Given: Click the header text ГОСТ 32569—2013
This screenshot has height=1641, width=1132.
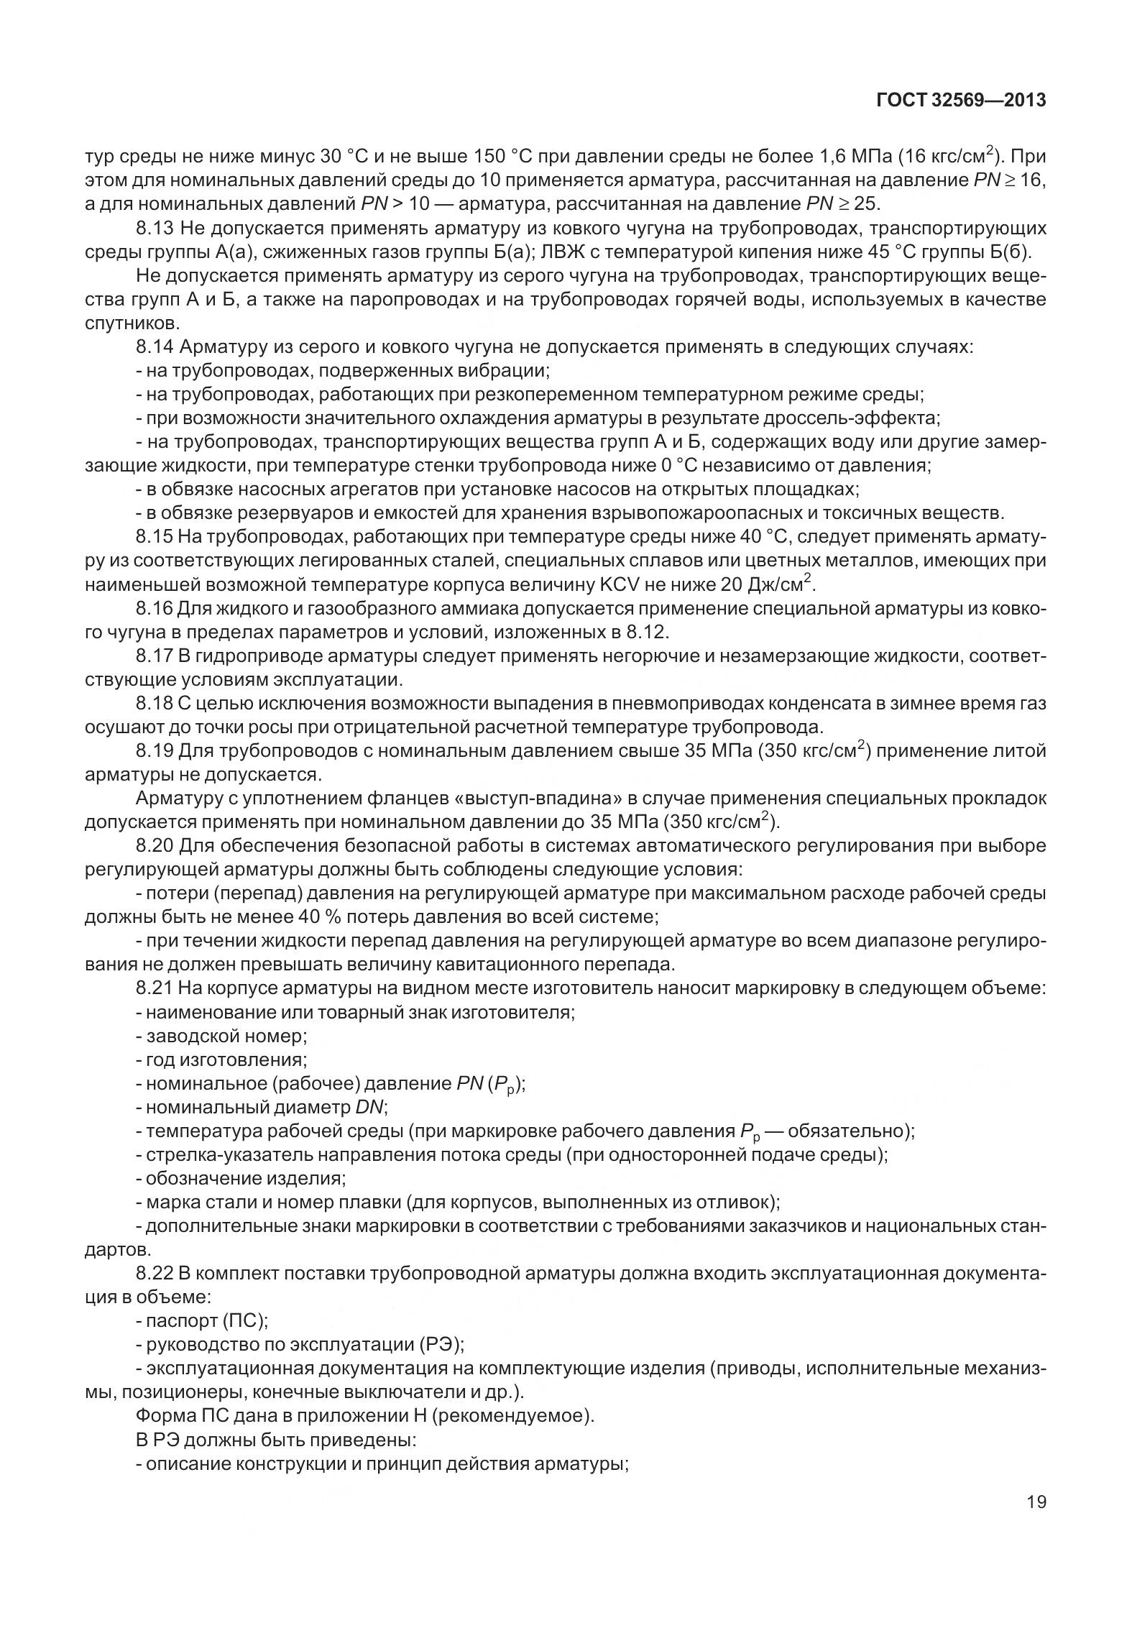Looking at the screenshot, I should (961, 101).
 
